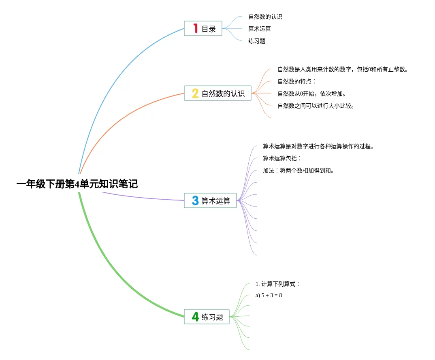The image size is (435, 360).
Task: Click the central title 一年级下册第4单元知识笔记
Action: (77, 184)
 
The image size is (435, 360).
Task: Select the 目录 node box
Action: (203, 29)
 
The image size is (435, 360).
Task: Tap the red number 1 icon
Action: (195, 29)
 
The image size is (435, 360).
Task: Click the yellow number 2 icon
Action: (195, 94)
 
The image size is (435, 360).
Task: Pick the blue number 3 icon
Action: (195, 200)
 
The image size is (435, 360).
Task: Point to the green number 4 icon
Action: (195, 317)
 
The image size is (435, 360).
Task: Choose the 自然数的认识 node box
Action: (217, 94)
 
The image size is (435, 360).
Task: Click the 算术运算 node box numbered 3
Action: (210, 200)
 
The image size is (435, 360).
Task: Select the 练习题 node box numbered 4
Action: (207, 317)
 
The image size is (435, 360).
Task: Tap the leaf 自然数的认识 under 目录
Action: (265, 17)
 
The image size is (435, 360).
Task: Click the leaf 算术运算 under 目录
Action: (260, 29)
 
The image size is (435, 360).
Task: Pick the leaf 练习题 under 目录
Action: (257, 41)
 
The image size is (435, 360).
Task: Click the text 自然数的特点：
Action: (296, 81)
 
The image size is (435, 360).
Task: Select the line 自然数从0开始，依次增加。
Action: (312, 94)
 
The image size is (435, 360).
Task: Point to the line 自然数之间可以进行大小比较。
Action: (316, 106)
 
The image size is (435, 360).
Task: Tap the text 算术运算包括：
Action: (282, 158)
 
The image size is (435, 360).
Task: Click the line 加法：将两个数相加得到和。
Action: (299, 170)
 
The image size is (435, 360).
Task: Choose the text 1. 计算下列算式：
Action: (277, 284)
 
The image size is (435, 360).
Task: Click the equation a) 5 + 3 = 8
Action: (269, 295)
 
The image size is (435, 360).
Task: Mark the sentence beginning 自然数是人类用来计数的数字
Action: (343, 69)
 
